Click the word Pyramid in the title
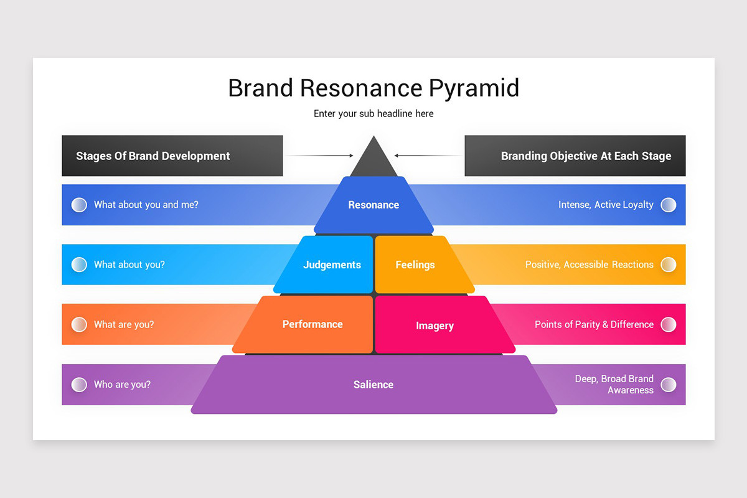[474, 89]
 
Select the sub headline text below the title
[374, 114]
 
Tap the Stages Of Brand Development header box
[172, 156]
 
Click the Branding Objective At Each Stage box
[575, 156]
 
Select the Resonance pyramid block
[374, 205]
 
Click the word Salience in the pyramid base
[374, 385]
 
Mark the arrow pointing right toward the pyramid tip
[319, 156]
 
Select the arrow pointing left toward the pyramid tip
[428, 156]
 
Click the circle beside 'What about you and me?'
[79, 205]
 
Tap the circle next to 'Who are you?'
[79, 385]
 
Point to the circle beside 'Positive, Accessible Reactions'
[669, 265]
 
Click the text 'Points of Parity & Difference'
[594, 324]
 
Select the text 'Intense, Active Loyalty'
[606, 204]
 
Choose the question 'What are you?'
[124, 324]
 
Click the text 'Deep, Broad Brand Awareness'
[614, 384]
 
